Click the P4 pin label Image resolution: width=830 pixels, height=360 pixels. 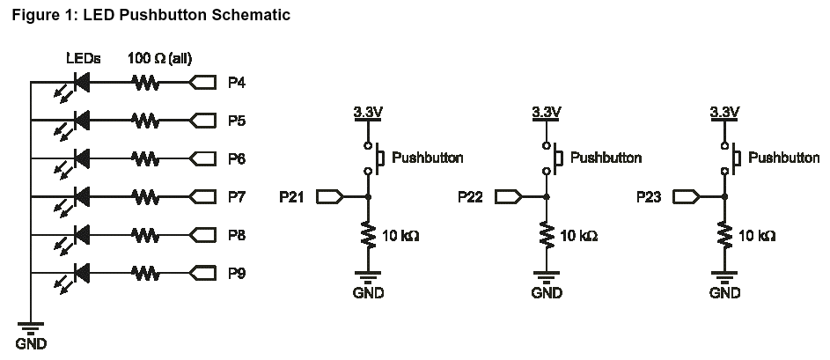(236, 84)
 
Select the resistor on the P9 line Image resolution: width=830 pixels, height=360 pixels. (145, 273)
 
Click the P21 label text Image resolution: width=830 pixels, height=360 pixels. (291, 197)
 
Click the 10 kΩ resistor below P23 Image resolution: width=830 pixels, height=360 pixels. (724, 235)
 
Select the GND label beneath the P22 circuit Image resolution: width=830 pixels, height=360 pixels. (547, 293)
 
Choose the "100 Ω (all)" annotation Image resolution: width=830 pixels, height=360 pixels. (160, 58)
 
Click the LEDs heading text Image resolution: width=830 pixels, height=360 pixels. (84, 58)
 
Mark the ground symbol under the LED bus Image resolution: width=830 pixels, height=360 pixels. (31, 327)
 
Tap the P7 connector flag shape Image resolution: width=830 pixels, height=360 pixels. (202, 197)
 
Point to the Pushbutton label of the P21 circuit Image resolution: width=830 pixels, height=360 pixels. (428, 158)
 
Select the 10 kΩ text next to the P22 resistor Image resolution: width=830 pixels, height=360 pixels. (578, 236)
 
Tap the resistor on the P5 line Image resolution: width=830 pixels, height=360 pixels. (145, 120)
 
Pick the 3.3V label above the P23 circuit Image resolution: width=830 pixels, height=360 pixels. (724, 112)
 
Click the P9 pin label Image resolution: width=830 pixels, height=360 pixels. (236, 273)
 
